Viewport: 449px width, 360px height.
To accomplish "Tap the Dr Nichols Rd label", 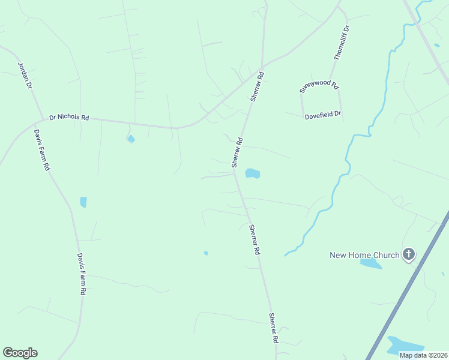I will tap(69, 118).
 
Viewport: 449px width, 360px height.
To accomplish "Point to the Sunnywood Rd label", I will tap(319, 88).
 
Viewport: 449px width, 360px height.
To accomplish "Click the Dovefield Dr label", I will tap(322, 113).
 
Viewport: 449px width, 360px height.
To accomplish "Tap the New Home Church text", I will tap(364, 255).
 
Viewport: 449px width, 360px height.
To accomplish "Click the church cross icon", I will tap(409, 254).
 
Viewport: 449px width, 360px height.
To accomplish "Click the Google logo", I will tap(20, 353).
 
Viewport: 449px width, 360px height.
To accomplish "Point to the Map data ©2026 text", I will tap(423, 355).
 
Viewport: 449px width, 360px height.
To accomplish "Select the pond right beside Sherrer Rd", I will tap(252, 173).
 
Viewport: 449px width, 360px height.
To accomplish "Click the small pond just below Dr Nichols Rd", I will tap(131, 139).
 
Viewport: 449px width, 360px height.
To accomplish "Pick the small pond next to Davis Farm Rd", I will tap(83, 202).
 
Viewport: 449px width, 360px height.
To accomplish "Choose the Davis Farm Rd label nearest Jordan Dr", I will tap(41, 150).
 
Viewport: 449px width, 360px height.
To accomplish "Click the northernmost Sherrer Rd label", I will tap(258, 87).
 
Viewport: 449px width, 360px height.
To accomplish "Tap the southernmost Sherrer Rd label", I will tap(274, 328).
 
